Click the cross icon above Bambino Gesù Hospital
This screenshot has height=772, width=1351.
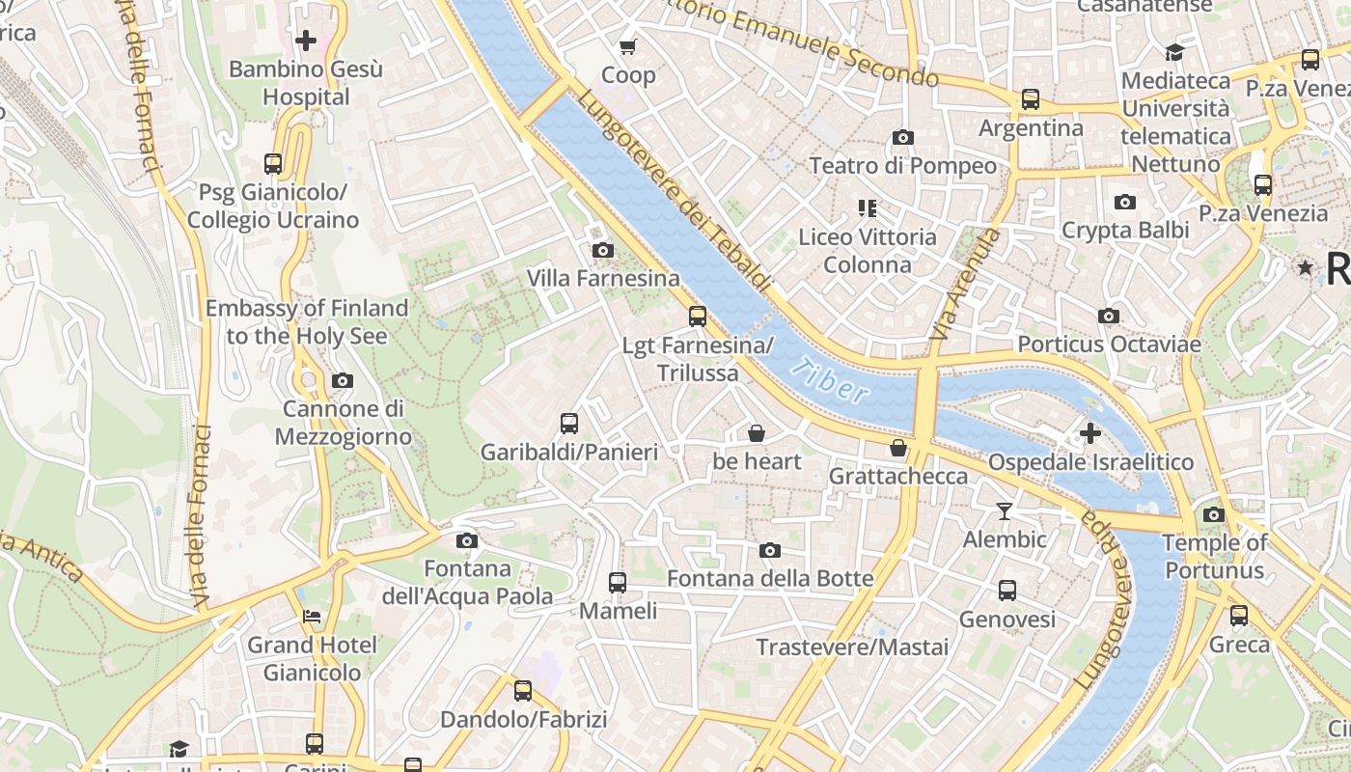(x=306, y=41)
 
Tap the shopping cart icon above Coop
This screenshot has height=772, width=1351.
(x=628, y=46)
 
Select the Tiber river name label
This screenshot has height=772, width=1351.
(x=830, y=380)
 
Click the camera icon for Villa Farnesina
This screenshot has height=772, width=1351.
(x=603, y=251)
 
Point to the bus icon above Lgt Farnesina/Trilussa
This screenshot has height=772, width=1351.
(x=698, y=317)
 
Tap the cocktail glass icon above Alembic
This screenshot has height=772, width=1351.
(x=1005, y=510)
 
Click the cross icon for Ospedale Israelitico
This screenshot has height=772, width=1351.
(x=1090, y=433)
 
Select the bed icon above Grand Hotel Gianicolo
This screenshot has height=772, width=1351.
(x=312, y=616)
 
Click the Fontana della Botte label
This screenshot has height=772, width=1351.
(x=770, y=579)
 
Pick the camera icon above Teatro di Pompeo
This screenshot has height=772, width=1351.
(x=903, y=138)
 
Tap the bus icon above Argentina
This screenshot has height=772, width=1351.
(x=1031, y=99)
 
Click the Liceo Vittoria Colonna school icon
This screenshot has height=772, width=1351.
(x=867, y=208)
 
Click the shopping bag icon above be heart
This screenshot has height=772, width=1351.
(x=757, y=433)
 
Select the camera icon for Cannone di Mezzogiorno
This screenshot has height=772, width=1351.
(x=343, y=381)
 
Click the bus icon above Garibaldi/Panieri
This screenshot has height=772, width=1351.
(x=569, y=423)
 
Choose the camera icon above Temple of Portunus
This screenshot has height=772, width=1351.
(x=1214, y=514)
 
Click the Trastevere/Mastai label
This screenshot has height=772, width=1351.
(x=852, y=647)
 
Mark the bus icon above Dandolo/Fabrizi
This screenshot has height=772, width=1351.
(x=523, y=691)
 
